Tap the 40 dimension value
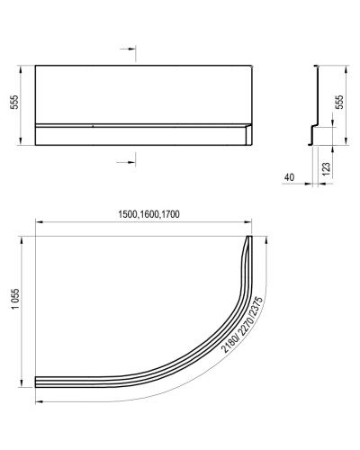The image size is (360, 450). [x=287, y=178]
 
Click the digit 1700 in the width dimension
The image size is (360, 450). [x=183, y=214]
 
